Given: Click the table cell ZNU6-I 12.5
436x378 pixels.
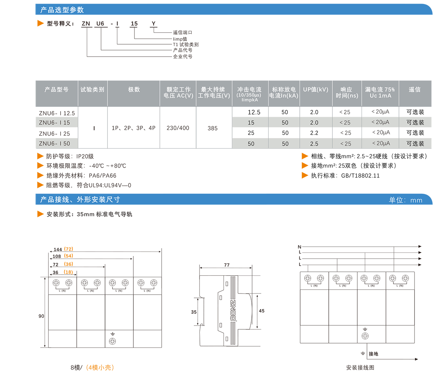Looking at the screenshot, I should tap(57, 113).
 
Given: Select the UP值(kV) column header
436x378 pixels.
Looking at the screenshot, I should tap(315, 90).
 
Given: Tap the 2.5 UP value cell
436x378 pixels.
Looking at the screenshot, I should tap(314, 144).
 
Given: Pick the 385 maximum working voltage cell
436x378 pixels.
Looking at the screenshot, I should tap(213, 128).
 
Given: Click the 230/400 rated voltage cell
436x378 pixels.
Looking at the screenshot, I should tap(178, 128).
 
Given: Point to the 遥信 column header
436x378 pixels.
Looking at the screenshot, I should tap(415, 90).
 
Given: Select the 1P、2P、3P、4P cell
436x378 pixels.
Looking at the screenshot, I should tap(133, 128).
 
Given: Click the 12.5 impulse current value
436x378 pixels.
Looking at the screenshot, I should tap(254, 112).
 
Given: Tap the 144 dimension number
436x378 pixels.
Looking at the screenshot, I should tap(58, 250).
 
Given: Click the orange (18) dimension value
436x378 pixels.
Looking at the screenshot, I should tap(68, 272).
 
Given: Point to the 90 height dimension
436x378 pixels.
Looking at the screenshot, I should tap(41, 316).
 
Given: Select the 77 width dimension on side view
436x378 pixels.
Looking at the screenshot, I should tap(227, 265).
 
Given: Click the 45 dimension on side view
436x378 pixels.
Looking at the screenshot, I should tap(262, 311).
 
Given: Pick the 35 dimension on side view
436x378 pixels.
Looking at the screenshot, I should tap(194, 312).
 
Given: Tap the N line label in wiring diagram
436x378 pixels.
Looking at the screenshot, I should tap(299, 247).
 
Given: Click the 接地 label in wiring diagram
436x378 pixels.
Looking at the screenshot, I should tap(373, 354).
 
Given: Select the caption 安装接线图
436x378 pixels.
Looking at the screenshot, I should tap(360, 367).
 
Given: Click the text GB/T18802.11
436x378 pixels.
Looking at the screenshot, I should tap(360, 176).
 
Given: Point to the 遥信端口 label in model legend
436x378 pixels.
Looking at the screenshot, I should tap(182, 33).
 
